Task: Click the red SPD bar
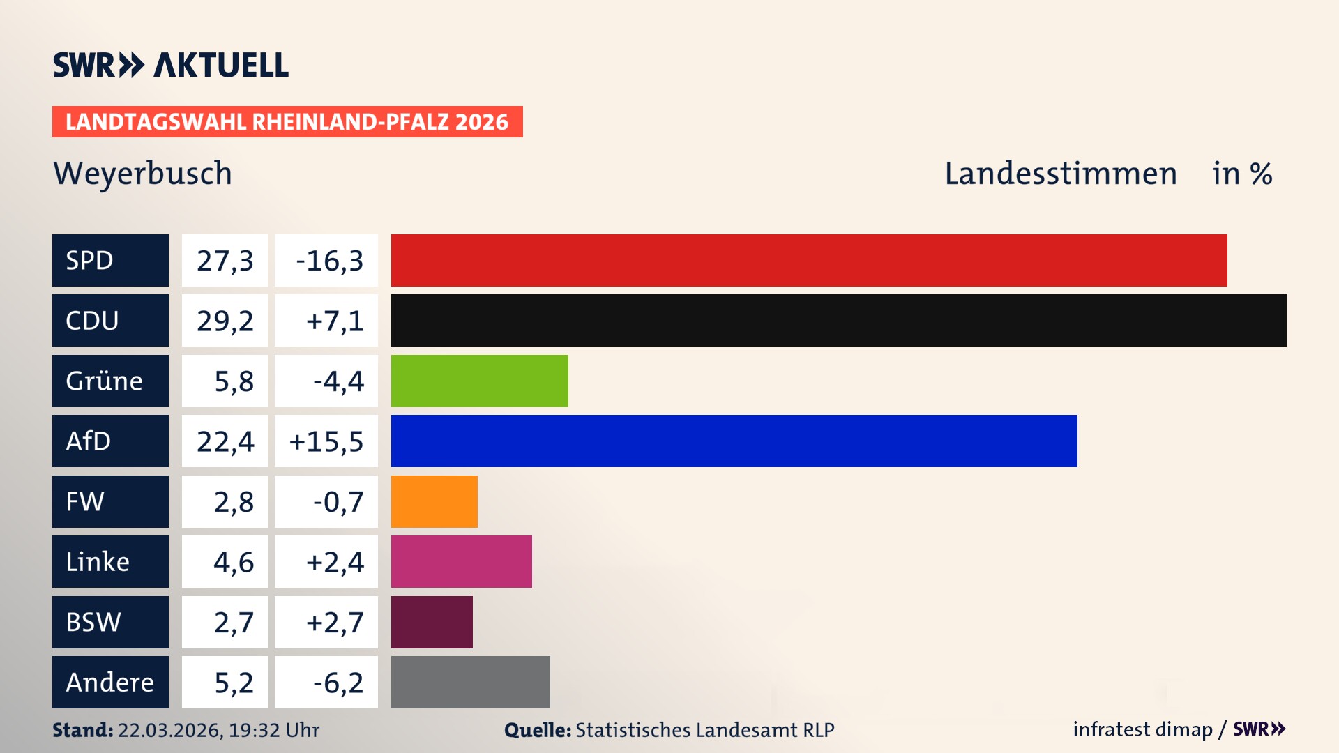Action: click(809, 260)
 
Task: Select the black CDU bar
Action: click(838, 320)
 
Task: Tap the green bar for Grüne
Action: click(479, 381)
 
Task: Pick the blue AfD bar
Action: click(734, 441)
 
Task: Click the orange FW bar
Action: click(434, 501)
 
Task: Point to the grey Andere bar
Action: click(470, 682)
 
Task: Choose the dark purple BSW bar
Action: click(432, 622)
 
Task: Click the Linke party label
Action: click(110, 561)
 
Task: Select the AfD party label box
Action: click(110, 441)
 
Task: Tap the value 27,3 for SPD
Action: click(225, 261)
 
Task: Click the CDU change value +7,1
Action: click(334, 321)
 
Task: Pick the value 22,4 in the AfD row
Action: click(225, 441)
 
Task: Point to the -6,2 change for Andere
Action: click(338, 683)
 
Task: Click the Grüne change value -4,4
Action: click(338, 381)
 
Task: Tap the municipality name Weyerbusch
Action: click(143, 174)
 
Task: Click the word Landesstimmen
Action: click(1060, 174)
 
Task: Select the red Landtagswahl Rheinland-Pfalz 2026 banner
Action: click(287, 122)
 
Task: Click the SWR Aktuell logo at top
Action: click(171, 65)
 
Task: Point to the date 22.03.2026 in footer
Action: click(169, 730)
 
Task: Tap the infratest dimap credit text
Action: click(1142, 729)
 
